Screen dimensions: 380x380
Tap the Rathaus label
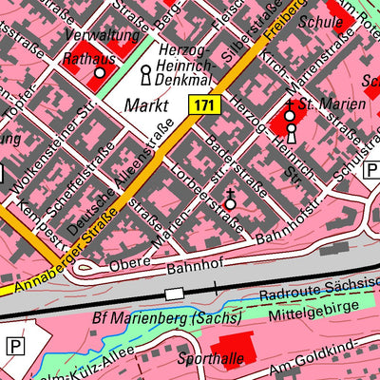coord(88,59)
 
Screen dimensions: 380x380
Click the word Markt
coord(145,104)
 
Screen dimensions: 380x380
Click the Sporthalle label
coord(210,357)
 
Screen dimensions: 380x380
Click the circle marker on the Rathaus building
coord(99,72)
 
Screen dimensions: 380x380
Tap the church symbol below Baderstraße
coord(229,201)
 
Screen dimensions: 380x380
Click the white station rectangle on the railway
coord(174,294)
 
